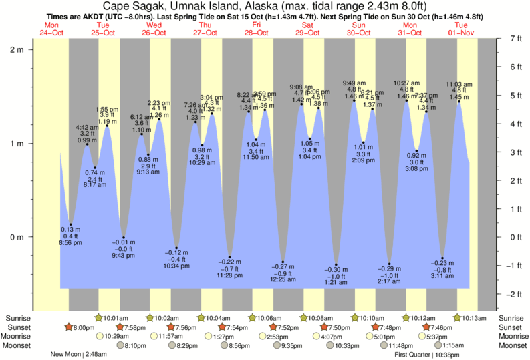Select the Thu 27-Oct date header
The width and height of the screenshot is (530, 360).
point(206,29)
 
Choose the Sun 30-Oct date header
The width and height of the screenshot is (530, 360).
point(360,29)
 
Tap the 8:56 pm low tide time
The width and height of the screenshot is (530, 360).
point(70,243)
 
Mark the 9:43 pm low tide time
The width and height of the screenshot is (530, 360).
point(122,256)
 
